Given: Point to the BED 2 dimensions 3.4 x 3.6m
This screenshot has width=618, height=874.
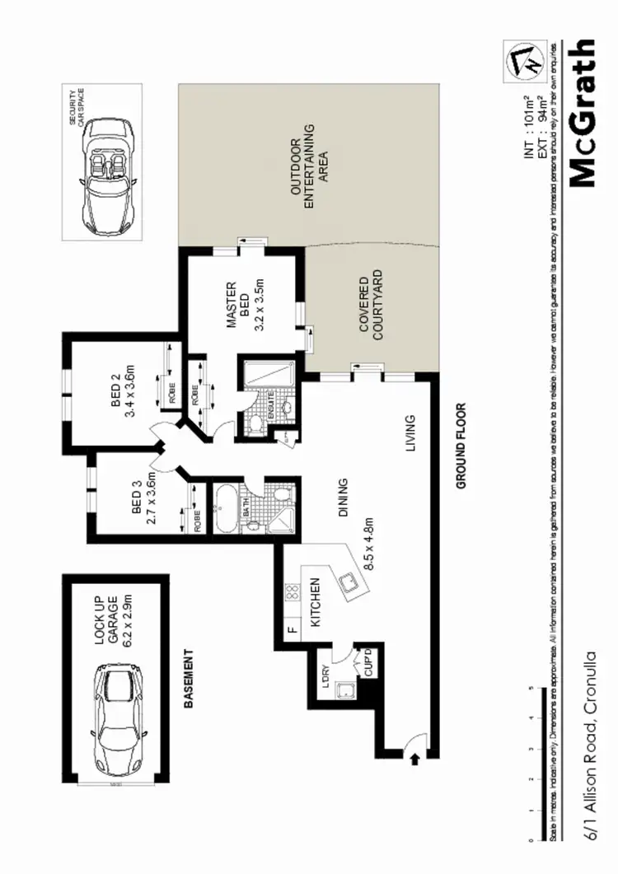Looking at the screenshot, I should coord(129,394).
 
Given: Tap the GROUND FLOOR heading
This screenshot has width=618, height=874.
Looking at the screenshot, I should coord(461,446).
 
